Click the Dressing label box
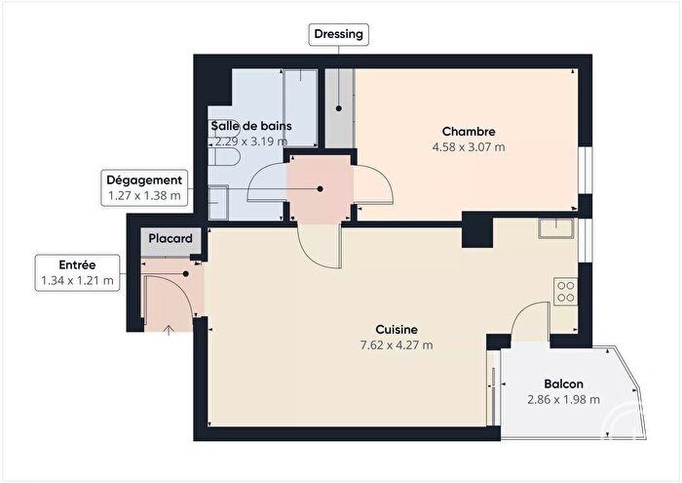pyautogui.click(x=338, y=35)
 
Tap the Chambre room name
pyautogui.click(x=469, y=132)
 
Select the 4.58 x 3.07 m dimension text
pyautogui.click(x=469, y=147)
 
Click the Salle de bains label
pyautogui.click(x=250, y=126)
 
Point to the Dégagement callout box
pyautogui.click(x=144, y=187)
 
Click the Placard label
pyautogui.click(x=170, y=238)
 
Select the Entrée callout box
pyautogui.click(x=77, y=273)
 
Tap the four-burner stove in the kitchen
pyautogui.click(x=564, y=291)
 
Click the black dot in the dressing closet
pyautogui.click(x=338, y=108)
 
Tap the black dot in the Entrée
pyautogui.click(x=185, y=273)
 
